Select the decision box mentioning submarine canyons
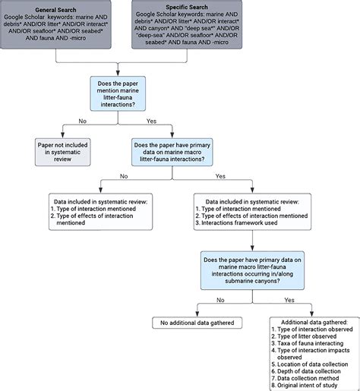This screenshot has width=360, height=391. pyautogui.click(x=245, y=271)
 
